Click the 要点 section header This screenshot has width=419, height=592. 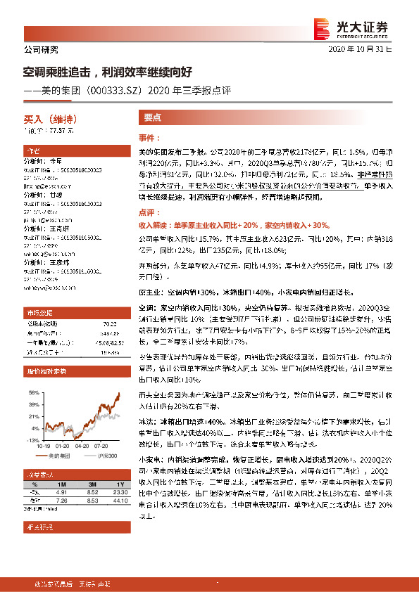[153, 118]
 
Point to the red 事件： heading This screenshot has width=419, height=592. [149, 139]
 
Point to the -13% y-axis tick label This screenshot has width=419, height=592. [32, 439]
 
